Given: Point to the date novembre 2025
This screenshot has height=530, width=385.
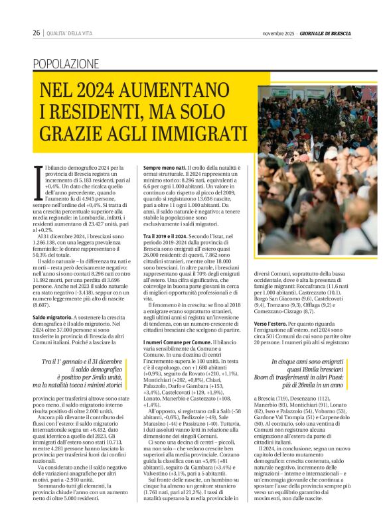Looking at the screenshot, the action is click(x=278, y=33).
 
